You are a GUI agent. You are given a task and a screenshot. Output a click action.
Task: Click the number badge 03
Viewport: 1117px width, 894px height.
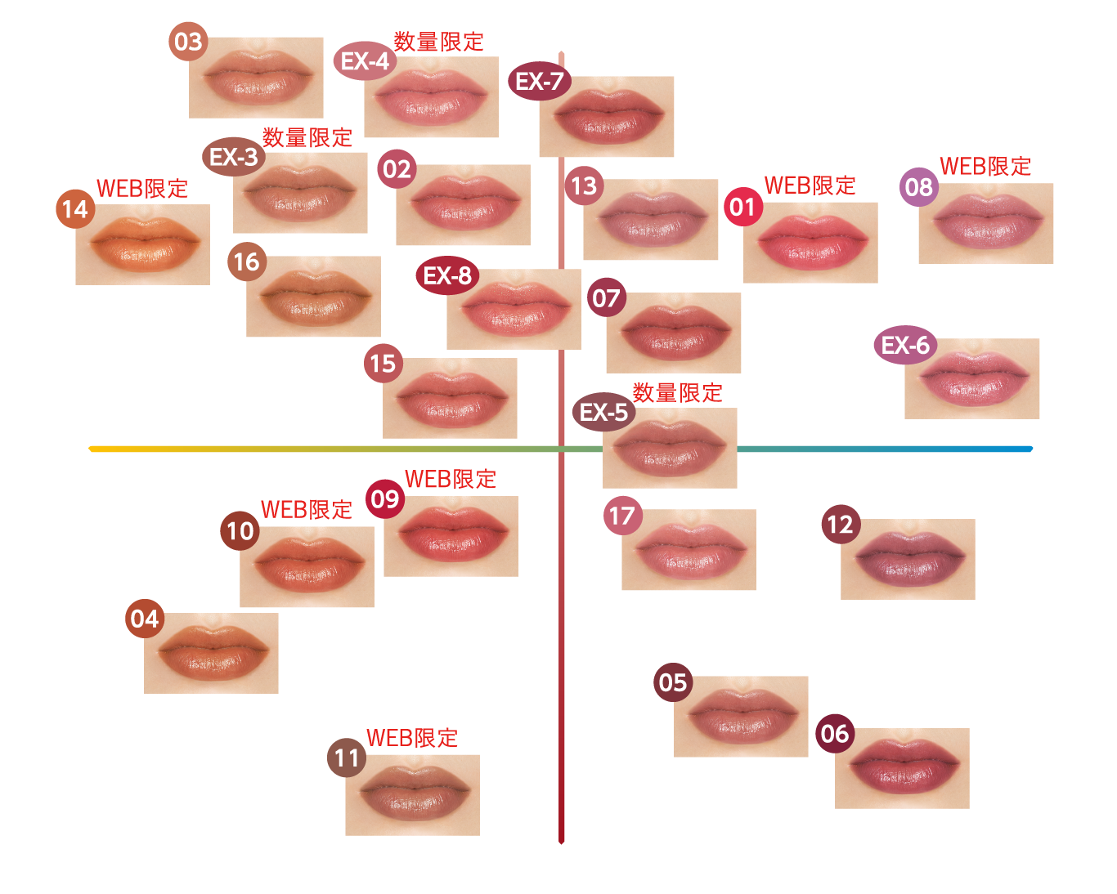coord(188,42)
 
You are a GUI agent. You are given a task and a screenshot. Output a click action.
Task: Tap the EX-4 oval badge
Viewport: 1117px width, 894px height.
coord(365,60)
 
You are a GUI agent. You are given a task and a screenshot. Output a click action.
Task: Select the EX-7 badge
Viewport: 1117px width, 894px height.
coord(540,81)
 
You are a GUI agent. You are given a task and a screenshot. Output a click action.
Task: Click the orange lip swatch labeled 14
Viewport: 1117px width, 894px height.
coord(143,244)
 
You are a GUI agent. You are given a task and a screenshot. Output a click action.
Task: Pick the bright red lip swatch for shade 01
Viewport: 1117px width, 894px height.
coord(810,243)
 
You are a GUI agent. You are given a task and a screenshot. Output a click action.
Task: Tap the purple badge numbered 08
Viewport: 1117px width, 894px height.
coord(919,187)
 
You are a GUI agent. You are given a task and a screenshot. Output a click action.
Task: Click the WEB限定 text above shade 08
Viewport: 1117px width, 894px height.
coord(985,167)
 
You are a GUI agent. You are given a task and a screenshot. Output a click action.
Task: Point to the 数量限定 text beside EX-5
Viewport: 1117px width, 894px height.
coord(677,393)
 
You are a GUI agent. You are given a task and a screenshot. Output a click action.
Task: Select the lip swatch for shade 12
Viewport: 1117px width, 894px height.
coord(908,559)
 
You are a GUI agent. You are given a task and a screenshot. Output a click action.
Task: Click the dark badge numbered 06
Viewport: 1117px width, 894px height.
coord(835,733)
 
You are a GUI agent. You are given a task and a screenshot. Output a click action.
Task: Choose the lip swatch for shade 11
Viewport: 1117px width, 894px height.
coord(413,795)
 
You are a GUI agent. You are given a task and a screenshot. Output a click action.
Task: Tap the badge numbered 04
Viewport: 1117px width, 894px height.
coord(145,619)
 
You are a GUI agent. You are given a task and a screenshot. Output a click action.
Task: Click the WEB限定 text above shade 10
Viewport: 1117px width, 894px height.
coord(307,510)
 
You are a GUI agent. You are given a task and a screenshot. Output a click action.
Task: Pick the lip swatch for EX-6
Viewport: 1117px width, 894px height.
coord(971,378)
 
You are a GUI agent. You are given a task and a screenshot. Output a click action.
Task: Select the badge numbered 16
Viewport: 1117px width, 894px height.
coord(247,261)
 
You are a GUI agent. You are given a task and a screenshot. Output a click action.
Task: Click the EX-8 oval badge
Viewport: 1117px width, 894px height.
coord(447,275)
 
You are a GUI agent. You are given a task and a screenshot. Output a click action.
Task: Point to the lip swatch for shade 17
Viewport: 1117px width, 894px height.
coord(689,549)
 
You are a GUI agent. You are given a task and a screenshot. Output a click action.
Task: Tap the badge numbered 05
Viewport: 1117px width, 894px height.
coord(673,682)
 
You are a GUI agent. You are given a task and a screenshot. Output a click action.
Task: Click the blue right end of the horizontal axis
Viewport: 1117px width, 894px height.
coord(1030,449)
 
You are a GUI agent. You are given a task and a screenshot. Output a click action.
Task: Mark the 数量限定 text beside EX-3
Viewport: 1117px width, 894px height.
coord(307,137)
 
